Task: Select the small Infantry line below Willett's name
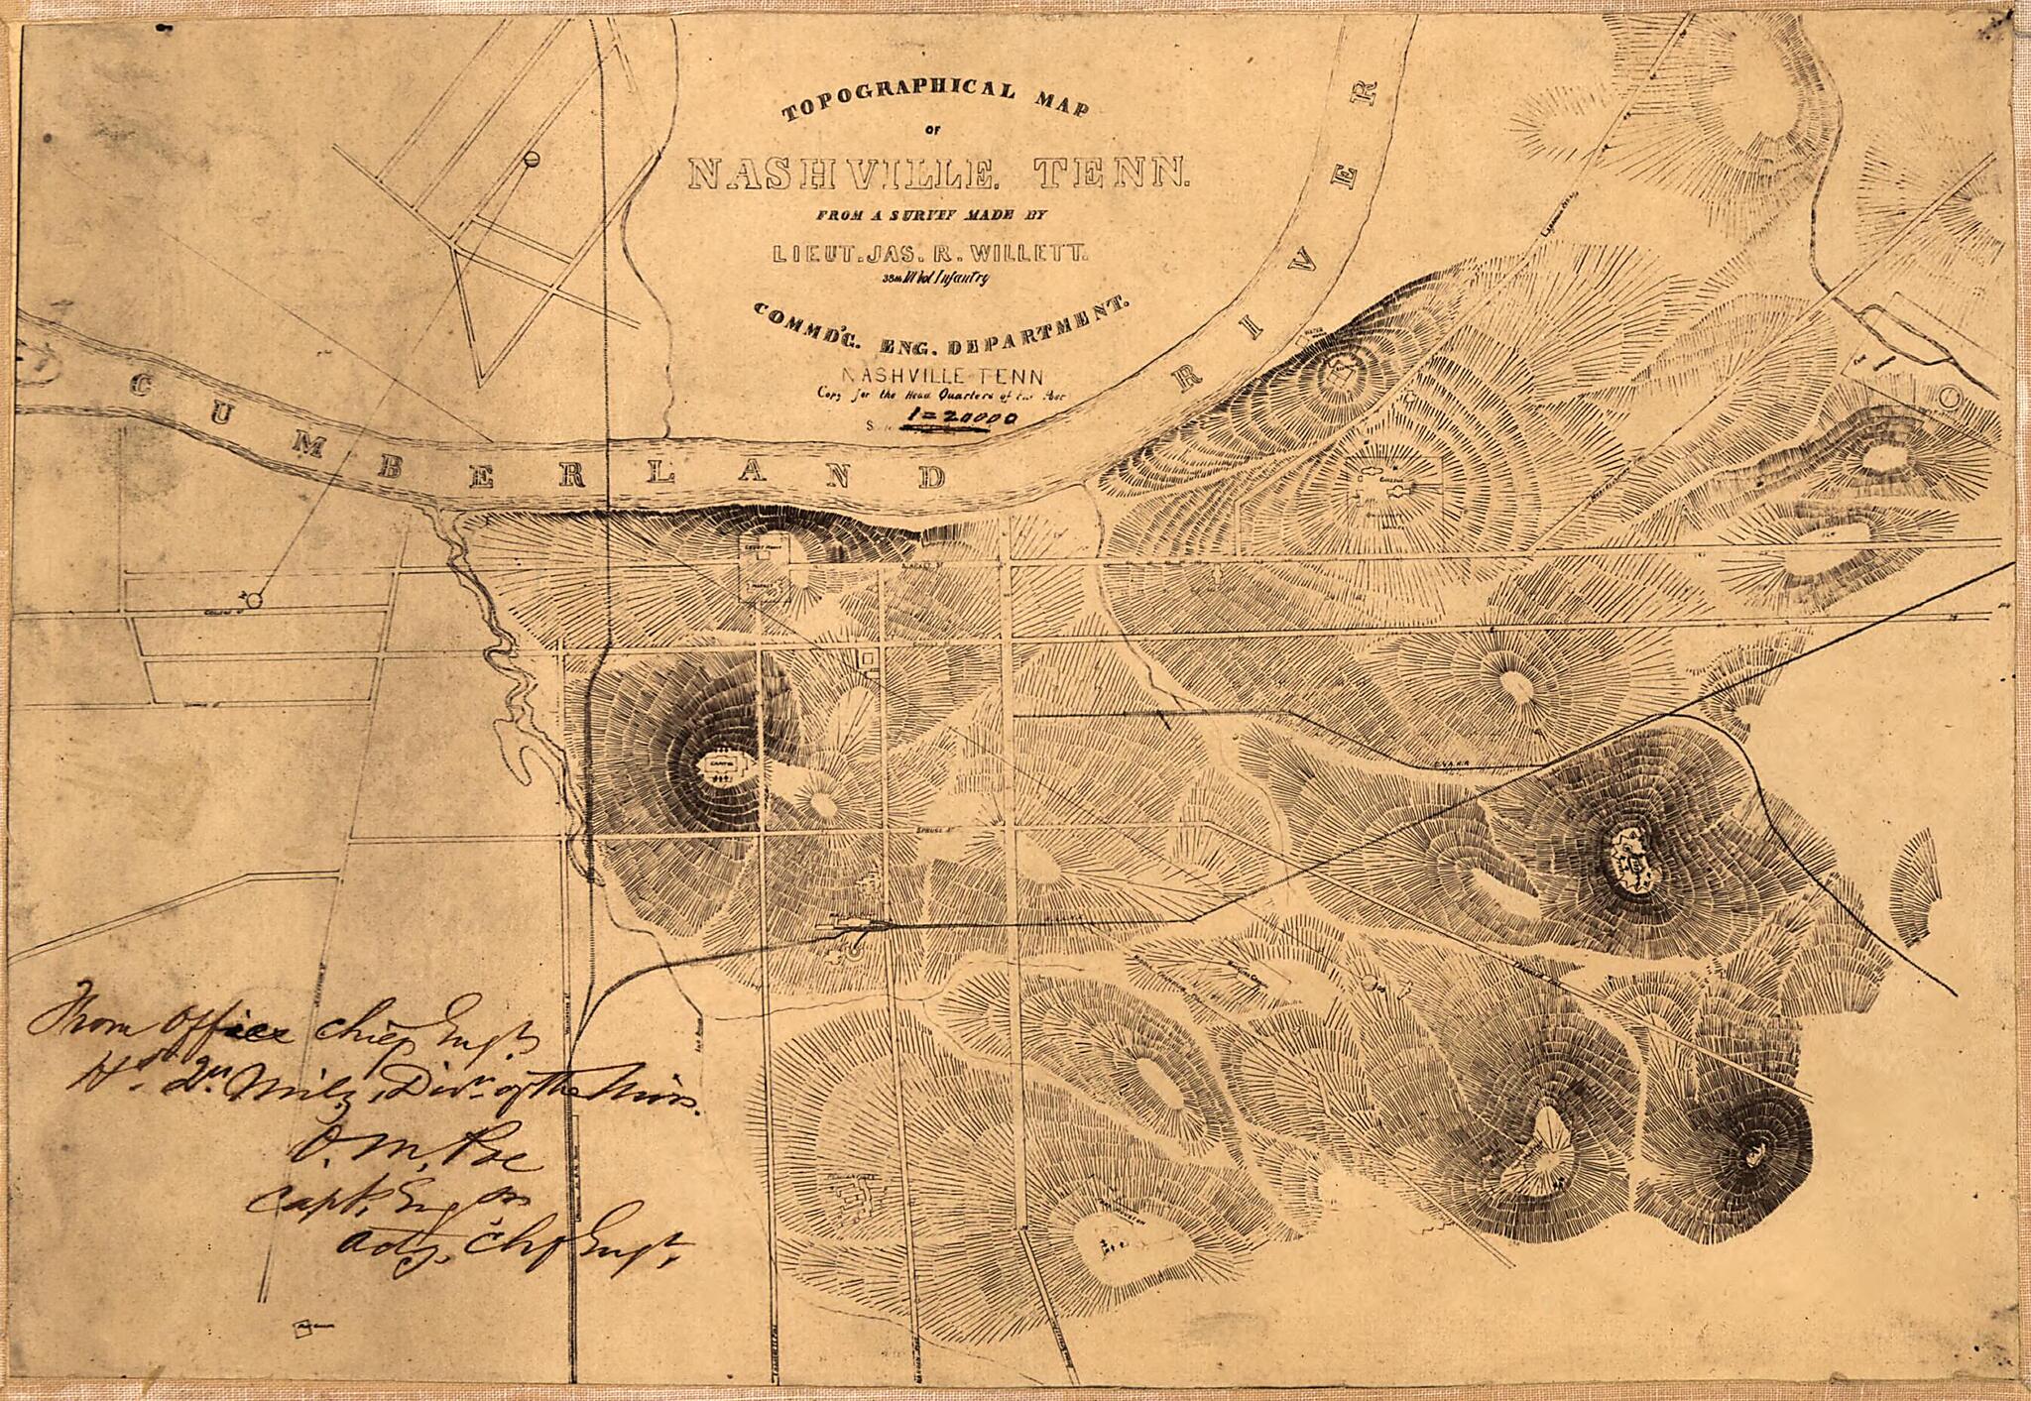point(935,280)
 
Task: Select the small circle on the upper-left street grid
point(532,158)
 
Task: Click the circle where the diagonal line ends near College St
point(254,599)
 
